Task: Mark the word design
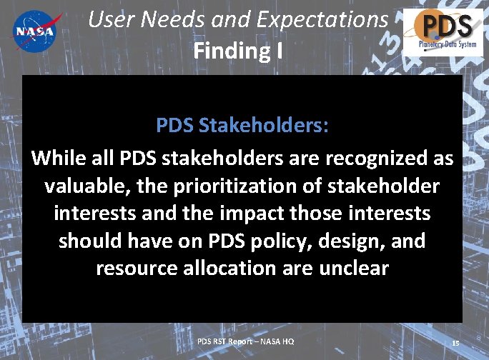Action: tap(352, 241)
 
